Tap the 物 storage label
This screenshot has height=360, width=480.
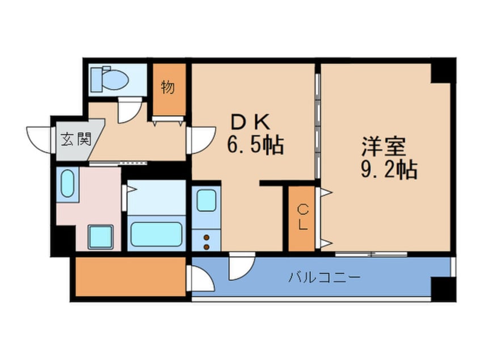tap(167, 89)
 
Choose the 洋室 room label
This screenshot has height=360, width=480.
tap(384, 146)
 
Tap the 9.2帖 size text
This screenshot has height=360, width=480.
tap(389, 169)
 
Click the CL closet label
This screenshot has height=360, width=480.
tap(302, 217)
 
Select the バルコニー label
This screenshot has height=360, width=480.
tap(324, 278)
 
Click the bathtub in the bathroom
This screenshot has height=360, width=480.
tap(155, 233)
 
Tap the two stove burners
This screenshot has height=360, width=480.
tap(206, 241)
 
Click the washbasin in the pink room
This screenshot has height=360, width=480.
tap(68, 183)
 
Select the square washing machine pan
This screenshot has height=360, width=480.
tap(100, 237)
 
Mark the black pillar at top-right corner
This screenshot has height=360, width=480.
tap(443, 71)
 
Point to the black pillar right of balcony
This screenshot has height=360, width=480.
tap(443, 288)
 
